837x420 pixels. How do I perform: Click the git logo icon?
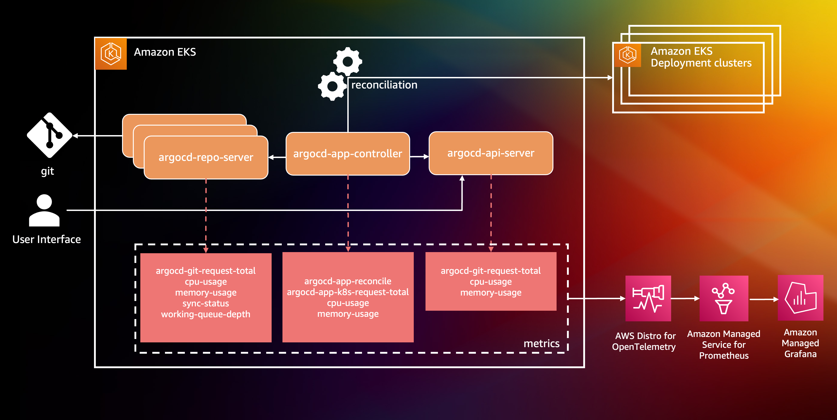point(49,135)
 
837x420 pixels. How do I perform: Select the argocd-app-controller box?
point(348,154)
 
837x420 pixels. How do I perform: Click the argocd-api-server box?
point(491,153)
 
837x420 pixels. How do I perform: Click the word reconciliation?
point(384,85)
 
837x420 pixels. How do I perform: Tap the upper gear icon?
point(348,61)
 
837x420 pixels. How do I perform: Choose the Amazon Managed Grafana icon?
point(800,298)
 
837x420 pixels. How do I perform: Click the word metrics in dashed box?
point(541,344)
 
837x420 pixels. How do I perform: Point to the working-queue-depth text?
point(206,314)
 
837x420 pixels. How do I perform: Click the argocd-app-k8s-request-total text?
point(348,292)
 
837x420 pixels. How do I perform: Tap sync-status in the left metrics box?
point(206,303)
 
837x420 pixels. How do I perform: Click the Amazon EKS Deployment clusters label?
point(701,57)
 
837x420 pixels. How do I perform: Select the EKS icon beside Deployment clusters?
point(628,55)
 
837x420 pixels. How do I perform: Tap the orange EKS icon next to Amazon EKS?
point(111,54)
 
